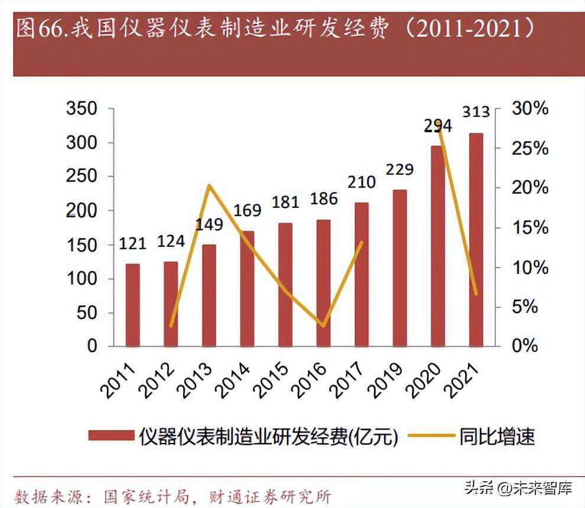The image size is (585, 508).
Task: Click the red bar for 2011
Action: coord(133,305)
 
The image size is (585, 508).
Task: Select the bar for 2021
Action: coord(476,240)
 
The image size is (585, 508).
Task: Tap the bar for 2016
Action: coord(323,283)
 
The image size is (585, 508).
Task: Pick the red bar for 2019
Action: coord(399,268)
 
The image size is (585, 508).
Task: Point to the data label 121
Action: coord(133,243)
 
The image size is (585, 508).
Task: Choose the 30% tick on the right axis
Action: coord(529,109)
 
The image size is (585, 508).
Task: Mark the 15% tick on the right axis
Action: coord(529,227)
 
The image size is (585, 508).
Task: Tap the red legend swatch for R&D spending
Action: coord(112,436)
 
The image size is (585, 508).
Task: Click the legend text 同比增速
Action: coord(497,436)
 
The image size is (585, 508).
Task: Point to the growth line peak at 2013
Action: coord(209,186)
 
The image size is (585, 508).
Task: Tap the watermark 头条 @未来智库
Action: coord(518,488)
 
